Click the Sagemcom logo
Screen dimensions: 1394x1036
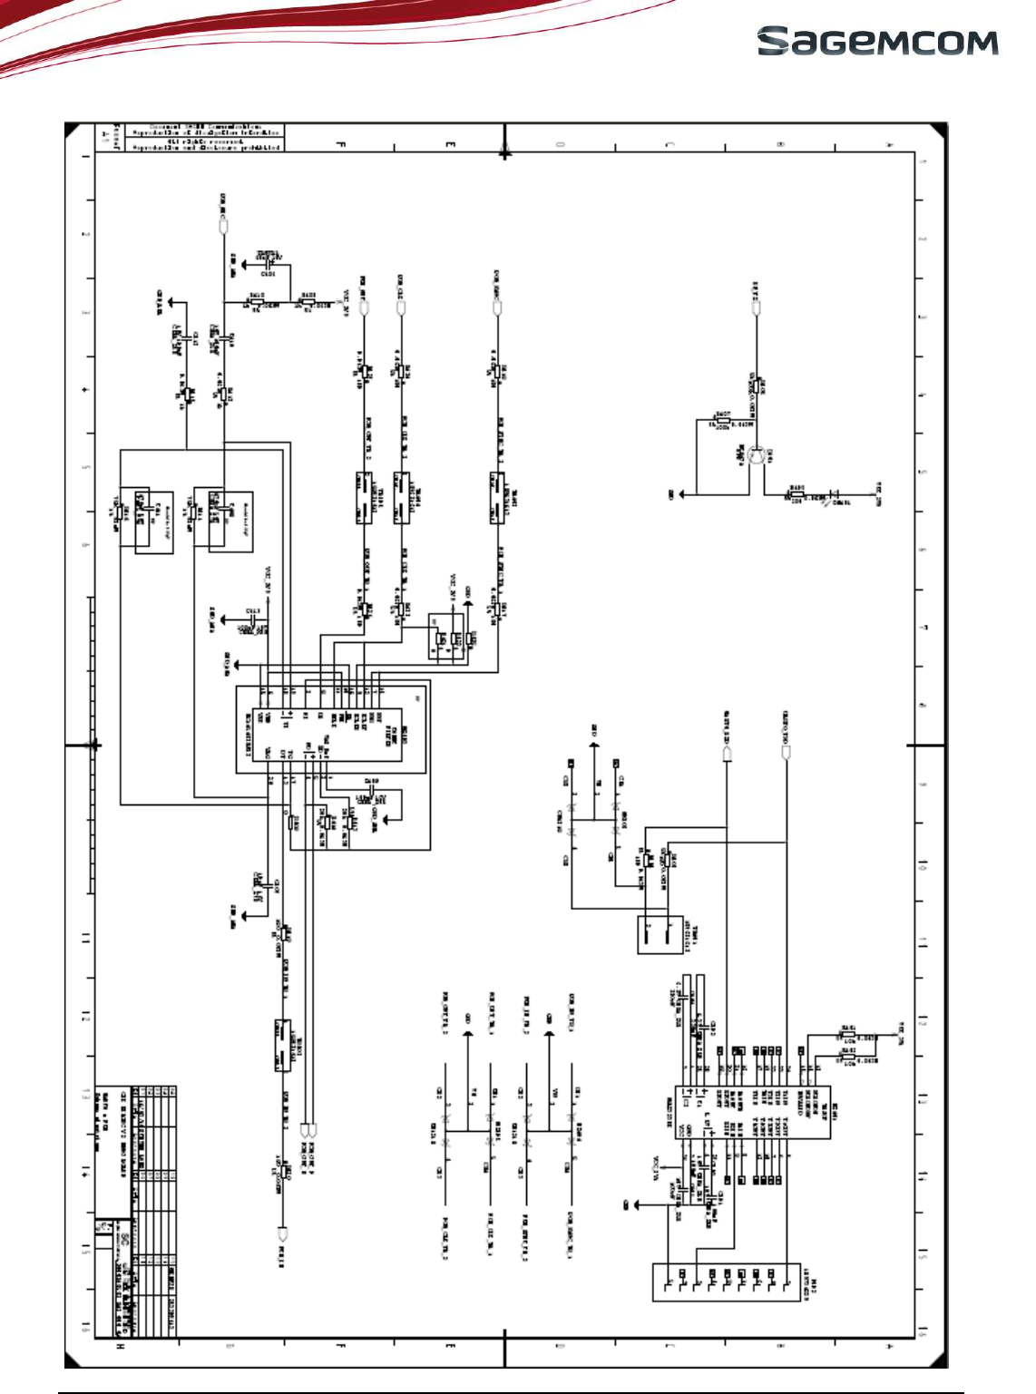pyautogui.click(x=877, y=42)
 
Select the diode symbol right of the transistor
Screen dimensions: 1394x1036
pyautogui.click(x=827, y=495)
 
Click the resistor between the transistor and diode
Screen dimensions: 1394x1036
pyautogui.click(x=796, y=494)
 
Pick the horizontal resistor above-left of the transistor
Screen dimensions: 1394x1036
pyautogui.click(x=722, y=421)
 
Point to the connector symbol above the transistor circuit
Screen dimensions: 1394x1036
pyautogui.click(x=756, y=307)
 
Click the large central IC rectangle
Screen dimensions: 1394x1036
pyautogui.click(x=330, y=728)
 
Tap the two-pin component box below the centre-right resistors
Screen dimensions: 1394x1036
pyautogui.click(x=660, y=934)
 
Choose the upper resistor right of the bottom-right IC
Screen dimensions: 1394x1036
pyautogui.click(x=847, y=1035)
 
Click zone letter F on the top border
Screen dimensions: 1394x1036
pyautogui.click(x=341, y=144)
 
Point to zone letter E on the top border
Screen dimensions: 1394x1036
pyautogui.click(x=450, y=144)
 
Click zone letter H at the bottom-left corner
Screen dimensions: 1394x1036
pyautogui.click(x=122, y=1347)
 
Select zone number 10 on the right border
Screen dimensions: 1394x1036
pyautogui.click(x=924, y=866)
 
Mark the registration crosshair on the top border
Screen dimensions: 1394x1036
pyautogui.click(x=504, y=152)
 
